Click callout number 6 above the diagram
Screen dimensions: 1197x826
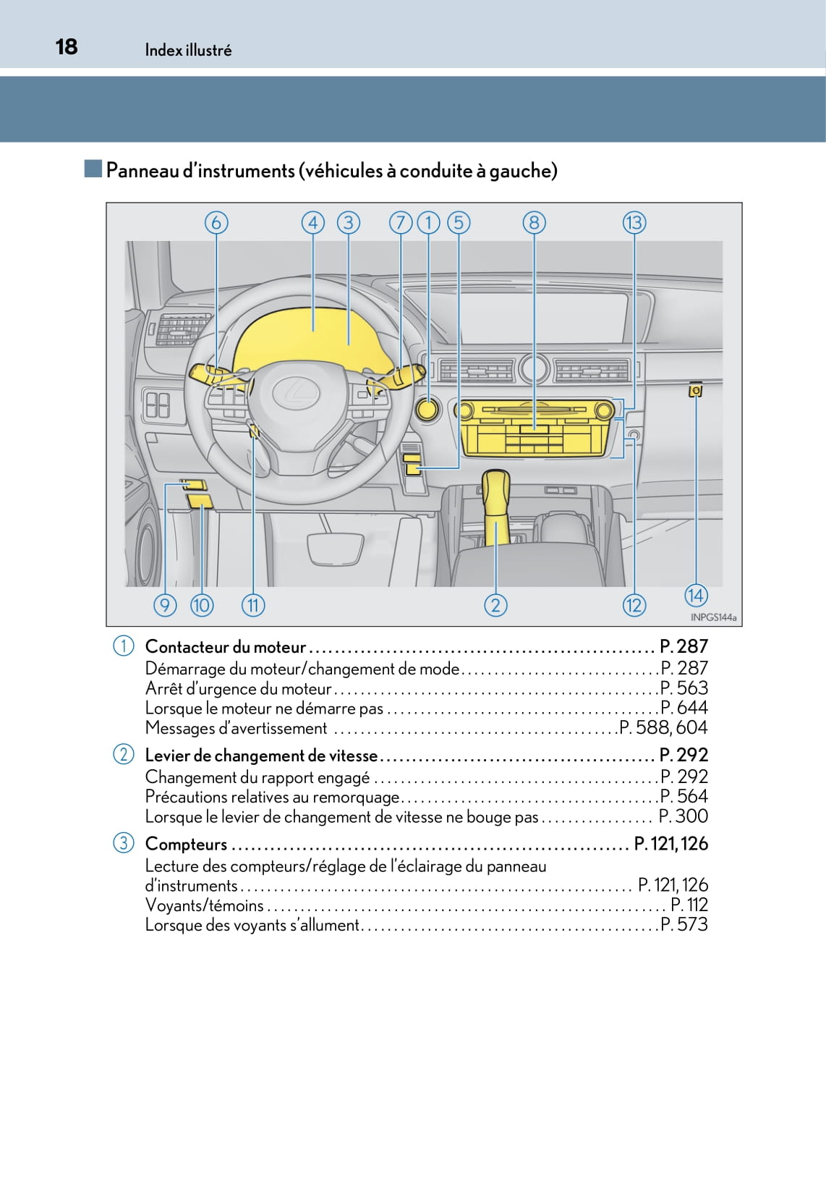[216, 222]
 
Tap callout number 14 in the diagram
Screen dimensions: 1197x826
[695, 595]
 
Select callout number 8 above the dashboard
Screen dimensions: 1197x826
[534, 222]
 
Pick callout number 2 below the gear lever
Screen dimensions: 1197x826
[495, 605]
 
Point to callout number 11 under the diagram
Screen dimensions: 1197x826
[253, 605]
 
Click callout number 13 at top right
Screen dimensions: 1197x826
[634, 222]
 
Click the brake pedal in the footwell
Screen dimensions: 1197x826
[336, 547]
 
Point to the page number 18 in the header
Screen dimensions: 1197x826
[67, 47]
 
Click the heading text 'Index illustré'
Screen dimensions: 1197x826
[188, 50]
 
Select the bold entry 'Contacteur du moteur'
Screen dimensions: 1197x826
[226, 647]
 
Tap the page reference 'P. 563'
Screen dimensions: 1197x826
[684, 688]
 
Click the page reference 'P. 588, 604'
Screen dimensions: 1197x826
[664, 728]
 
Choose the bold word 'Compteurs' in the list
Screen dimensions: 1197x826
[186, 844]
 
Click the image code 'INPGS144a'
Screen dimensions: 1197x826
[713, 617]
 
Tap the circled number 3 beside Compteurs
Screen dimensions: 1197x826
[124, 843]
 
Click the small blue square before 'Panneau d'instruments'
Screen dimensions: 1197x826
[93, 169]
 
